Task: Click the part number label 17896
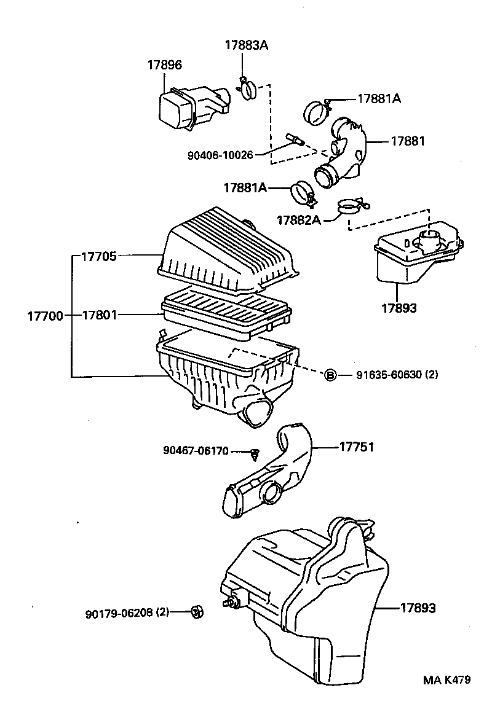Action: [x=164, y=65]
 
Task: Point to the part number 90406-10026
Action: [x=220, y=155]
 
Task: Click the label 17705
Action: [x=99, y=256]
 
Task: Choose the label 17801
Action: [x=99, y=315]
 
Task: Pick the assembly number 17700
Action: [x=45, y=316]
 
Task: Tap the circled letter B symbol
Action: [x=330, y=375]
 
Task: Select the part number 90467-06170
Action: [x=196, y=451]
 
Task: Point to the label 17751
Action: [x=357, y=447]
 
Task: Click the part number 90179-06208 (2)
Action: [x=127, y=612]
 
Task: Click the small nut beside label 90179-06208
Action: [x=197, y=611]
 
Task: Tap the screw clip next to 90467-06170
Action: [x=255, y=454]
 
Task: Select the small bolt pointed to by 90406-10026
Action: [x=294, y=139]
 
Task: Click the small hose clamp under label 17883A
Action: [x=248, y=89]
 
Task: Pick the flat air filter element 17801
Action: [x=224, y=311]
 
